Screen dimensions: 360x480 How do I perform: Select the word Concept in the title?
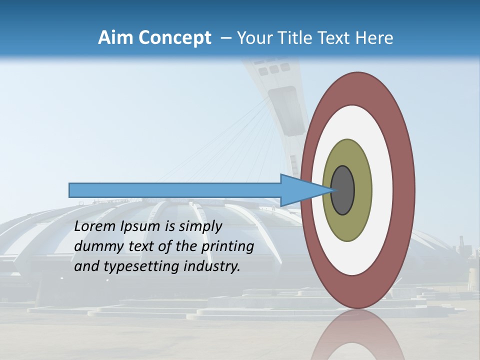pos(174,38)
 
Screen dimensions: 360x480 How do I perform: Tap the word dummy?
pos(96,247)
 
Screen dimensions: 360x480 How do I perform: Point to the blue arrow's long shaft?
pos(175,190)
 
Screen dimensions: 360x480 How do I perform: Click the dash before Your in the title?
pos(226,38)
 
